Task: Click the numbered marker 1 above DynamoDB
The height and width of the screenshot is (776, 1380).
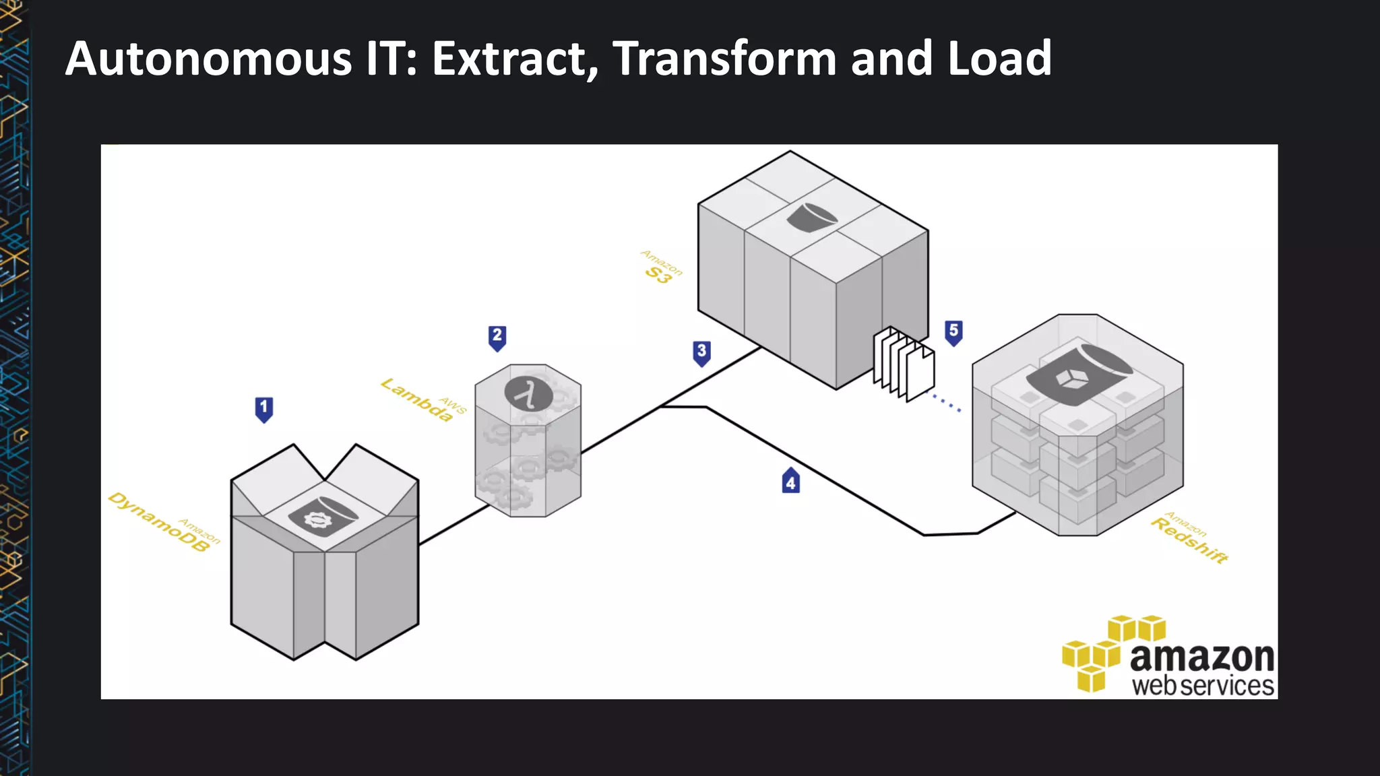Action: coord(264,409)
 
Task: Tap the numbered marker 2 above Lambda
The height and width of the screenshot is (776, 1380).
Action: coord(497,337)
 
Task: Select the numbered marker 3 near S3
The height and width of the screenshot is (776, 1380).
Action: coord(701,352)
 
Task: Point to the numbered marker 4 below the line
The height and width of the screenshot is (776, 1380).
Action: coord(791,481)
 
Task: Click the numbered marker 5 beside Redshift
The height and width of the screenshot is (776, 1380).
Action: coord(953,332)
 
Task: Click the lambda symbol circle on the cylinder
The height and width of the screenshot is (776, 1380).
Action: coord(529,394)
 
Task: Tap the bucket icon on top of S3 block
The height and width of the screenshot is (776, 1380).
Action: coord(811,218)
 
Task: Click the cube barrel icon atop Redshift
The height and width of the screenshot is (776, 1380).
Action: coord(1078,375)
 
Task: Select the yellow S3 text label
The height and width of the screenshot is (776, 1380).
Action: coord(658,274)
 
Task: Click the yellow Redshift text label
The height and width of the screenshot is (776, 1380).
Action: coord(1189,540)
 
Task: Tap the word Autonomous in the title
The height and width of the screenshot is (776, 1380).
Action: coord(208,59)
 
